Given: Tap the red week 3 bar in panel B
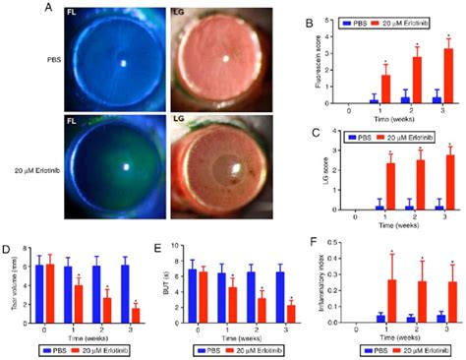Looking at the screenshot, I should pos(449,76).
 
